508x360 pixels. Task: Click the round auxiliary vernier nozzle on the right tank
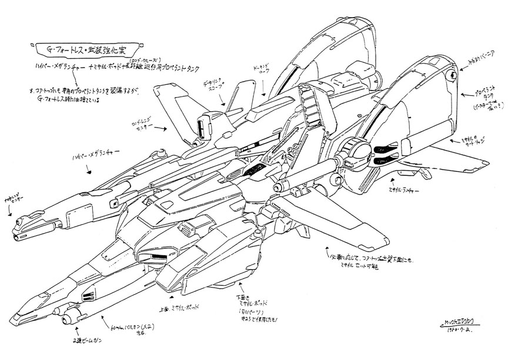pos(451,74)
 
